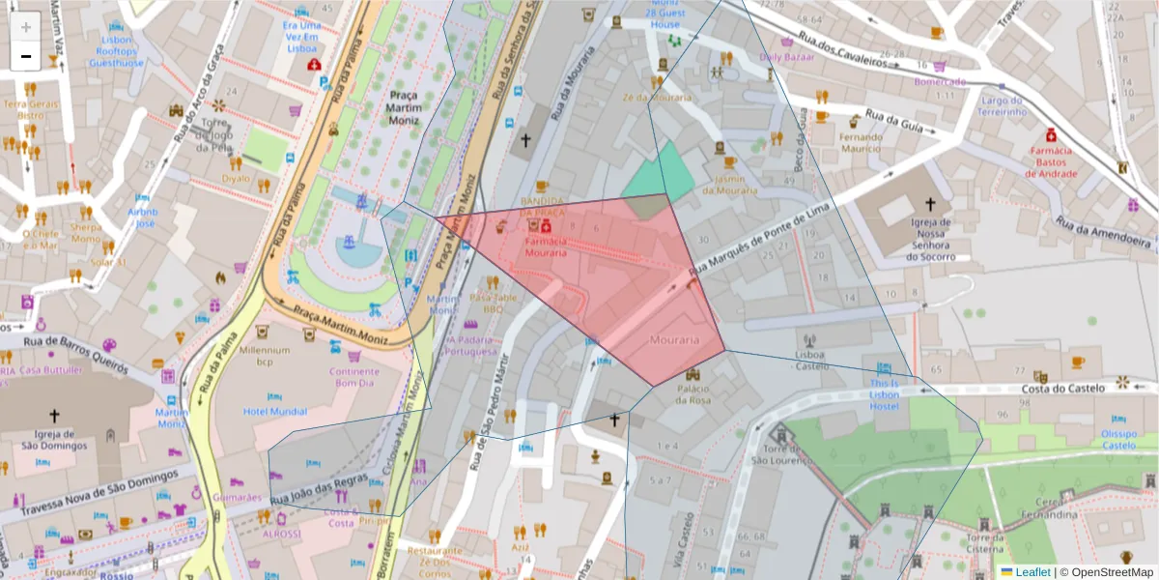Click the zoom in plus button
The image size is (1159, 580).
(26, 26)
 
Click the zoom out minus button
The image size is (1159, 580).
(26, 56)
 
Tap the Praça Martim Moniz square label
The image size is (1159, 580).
(418, 107)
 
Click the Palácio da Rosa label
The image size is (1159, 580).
(693, 394)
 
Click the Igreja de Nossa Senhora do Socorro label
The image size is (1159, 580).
(931, 239)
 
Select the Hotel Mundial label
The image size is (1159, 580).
(275, 411)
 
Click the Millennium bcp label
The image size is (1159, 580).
(265, 356)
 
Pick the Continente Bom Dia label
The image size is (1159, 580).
(353, 377)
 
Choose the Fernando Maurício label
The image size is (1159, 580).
(861, 143)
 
